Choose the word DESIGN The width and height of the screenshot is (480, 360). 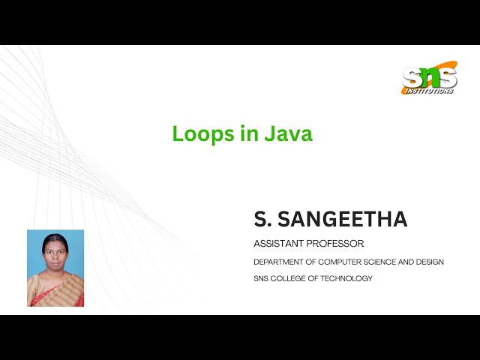(429, 262)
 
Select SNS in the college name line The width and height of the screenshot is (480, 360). (262, 278)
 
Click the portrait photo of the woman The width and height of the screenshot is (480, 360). (55, 268)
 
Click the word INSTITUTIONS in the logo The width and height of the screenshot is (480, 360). (430, 91)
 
